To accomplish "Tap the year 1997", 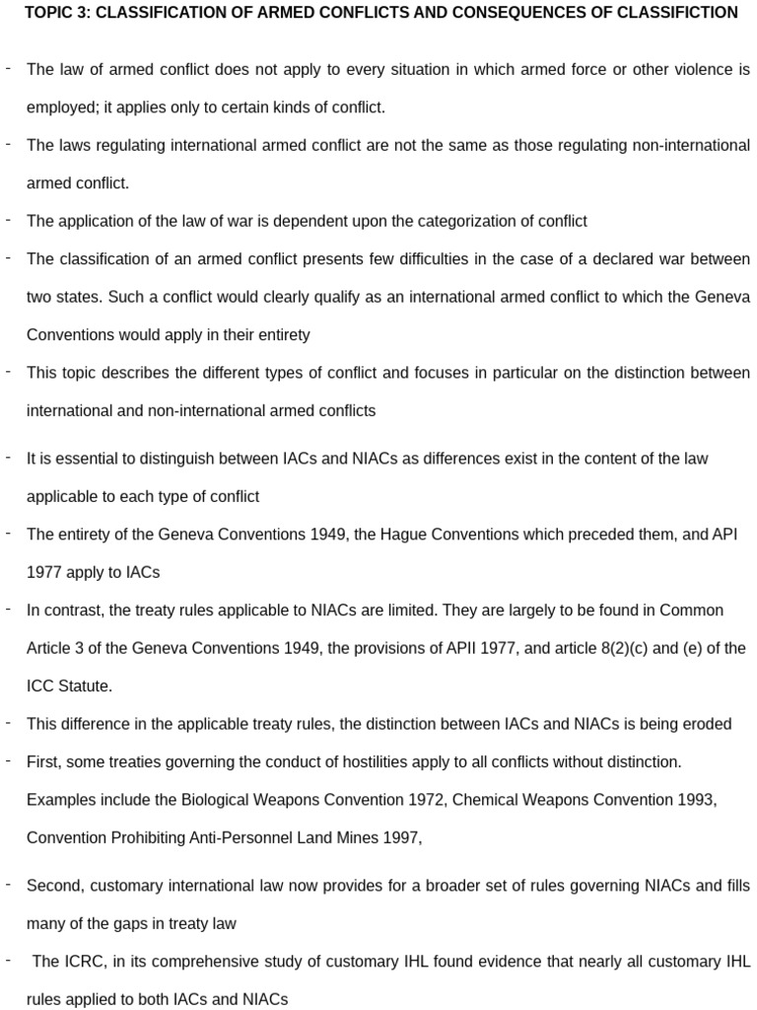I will click(400, 837).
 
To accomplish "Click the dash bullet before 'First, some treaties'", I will click(8, 761).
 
